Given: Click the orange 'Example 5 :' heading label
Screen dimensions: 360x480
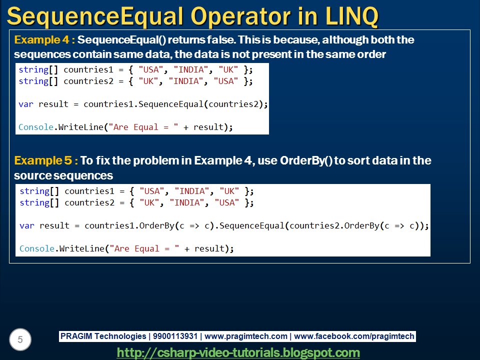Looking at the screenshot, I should tap(46, 161).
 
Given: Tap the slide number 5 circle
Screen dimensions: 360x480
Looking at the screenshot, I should tap(20, 340).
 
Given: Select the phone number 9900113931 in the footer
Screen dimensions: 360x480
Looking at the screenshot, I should tap(175, 336).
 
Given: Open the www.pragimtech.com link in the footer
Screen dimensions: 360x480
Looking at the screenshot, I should tap(246, 336).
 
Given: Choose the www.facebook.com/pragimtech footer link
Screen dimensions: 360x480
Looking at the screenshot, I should tap(354, 336).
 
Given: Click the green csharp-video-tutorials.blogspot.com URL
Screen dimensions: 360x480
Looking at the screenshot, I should tap(238, 352).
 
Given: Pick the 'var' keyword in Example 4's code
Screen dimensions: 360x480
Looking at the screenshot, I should tap(26, 104).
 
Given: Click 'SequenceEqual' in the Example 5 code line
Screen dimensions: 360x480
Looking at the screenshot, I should tap(252, 225).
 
